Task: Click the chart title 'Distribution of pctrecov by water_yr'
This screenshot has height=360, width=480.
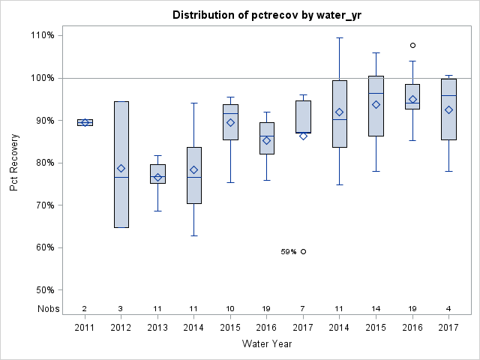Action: (x=267, y=15)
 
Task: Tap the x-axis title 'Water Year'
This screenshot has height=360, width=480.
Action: (x=267, y=344)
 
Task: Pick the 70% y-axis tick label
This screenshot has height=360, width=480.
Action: (x=43, y=205)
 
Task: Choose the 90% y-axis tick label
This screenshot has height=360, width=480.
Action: (x=43, y=121)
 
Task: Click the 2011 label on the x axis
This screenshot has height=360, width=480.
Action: (x=84, y=328)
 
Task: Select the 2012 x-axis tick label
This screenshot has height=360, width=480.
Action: (x=121, y=328)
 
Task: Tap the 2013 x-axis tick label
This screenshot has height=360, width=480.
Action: (x=157, y=328)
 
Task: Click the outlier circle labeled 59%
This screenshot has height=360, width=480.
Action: (x=303, y=251)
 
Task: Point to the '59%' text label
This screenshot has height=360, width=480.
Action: (x=289, y=252)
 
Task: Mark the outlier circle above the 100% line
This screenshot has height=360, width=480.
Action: (x=412, y=45)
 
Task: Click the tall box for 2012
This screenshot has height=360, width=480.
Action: (x=121, y=150)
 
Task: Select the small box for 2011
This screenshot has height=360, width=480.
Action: (x=85, y=122)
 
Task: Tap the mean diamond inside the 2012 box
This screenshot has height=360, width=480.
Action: (x=121, y=168)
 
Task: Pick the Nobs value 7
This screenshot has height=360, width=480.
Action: (x=303, y=309)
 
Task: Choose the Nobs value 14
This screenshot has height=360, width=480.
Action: (x=376, y=309)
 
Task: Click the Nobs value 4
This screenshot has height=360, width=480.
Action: (x=448, y=309)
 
